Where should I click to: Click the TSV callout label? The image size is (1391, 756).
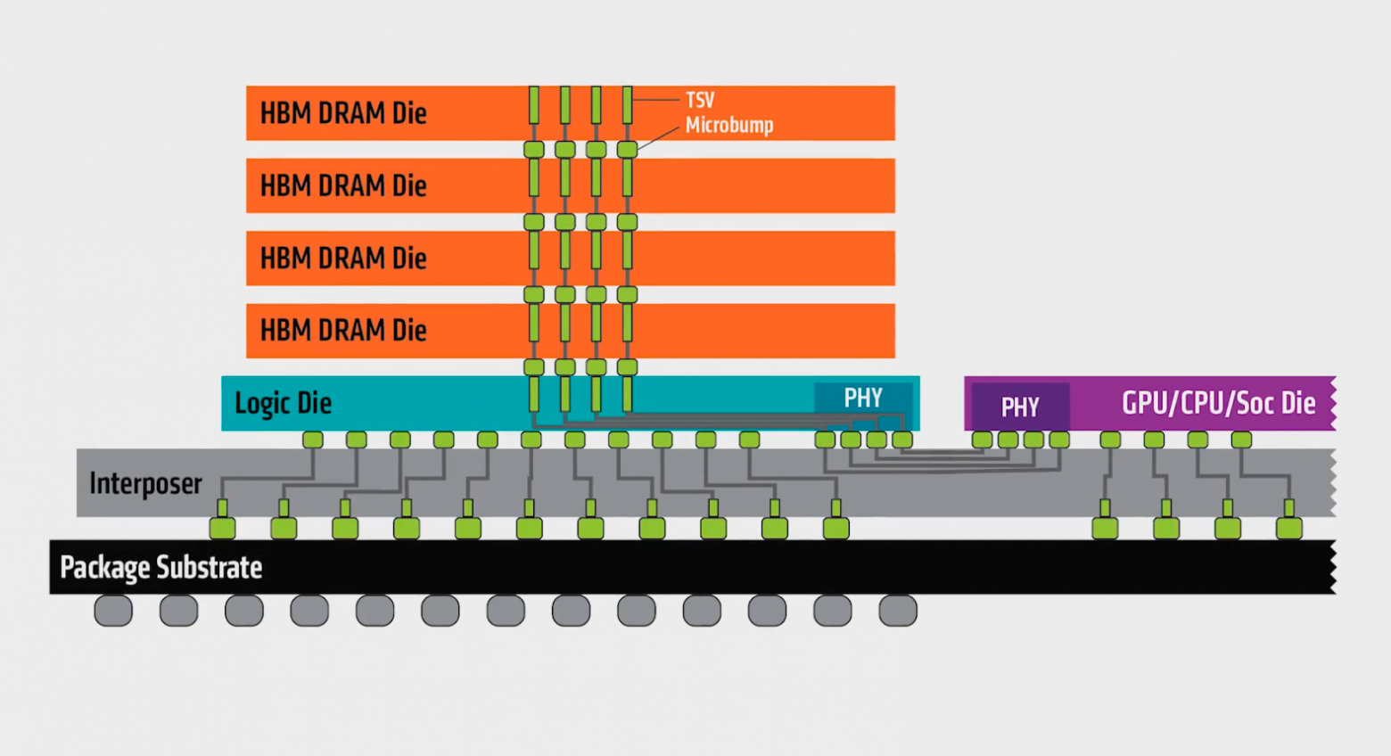(700, 100)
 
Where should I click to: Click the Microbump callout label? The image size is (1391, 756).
(728, 125)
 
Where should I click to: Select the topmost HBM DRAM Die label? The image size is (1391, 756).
(343, 113)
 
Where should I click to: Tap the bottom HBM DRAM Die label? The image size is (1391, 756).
(343, 331)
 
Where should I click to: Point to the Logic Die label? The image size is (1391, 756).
(283, 403)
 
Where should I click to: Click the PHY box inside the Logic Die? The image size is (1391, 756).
(863, 398)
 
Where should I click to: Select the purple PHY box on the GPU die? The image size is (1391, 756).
(1020, 407)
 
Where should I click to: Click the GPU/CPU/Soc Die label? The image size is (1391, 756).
(1218, 403)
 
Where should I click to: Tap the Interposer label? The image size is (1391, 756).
(145, 483)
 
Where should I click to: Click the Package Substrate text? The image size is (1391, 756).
(161, 568)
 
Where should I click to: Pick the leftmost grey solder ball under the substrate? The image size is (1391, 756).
(113, 611)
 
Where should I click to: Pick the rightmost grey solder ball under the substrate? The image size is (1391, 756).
(898, 611)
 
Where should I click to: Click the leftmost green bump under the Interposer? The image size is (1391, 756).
(222, 528)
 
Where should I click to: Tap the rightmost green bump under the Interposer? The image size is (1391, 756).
(1288, 528)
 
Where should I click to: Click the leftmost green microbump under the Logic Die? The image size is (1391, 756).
(313, 440)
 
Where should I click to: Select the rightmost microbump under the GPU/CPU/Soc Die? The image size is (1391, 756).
(1241, 440)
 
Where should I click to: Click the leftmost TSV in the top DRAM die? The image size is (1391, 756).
(534, 105)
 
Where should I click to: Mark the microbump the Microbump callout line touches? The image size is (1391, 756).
(627, 150)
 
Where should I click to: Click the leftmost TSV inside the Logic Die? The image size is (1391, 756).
(534, 394)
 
